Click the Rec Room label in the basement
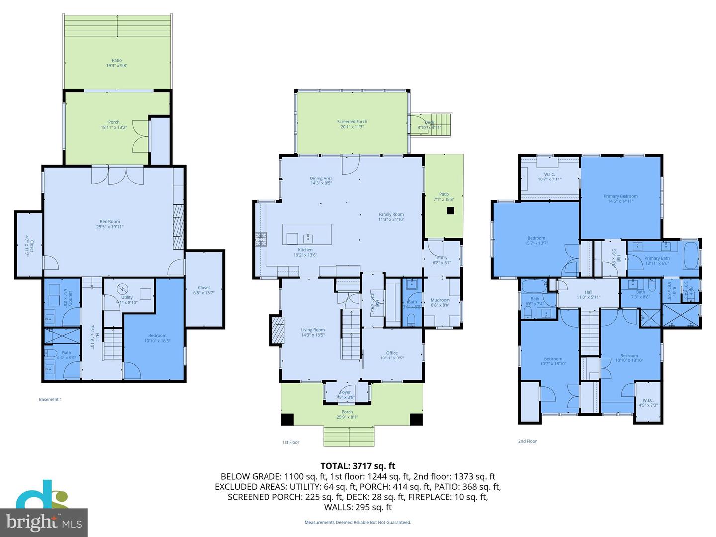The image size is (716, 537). [110, 224]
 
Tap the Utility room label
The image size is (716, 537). [127, 300]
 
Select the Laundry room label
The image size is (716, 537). [69, 298]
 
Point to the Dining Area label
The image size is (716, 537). [321, 180]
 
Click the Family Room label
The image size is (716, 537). [391, 217]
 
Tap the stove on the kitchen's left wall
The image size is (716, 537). [261, 240]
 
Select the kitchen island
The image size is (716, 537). [307, 234]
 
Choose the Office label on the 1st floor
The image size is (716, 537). [392, 355]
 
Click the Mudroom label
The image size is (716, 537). [440, 302]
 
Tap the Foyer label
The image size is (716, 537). [345, 395]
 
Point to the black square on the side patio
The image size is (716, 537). [450, 211]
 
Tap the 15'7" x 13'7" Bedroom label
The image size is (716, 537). [536, 241]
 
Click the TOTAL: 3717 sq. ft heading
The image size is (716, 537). [358, 466]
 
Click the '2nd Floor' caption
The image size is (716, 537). [527, 441]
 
